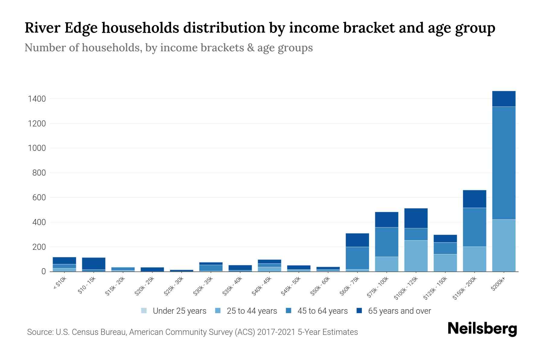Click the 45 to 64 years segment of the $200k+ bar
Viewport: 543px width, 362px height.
(x=503, y=163)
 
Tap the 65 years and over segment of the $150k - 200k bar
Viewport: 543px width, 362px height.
(x=474, y=199)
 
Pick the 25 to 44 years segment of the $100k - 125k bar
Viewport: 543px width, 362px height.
(x=416, y=256)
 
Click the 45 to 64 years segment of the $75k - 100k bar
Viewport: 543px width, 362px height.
(x=386, y=242)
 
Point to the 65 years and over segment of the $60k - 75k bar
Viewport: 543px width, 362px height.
(x=357, y=240)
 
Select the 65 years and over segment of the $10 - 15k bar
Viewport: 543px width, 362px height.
(x=94, y=263)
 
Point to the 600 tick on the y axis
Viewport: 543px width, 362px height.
(x=39, y=198)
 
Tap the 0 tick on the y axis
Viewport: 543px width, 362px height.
(x=43, y=271)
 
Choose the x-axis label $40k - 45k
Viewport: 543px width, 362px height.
(x=262, y=287)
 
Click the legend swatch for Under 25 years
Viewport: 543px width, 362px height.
(x=144, y=311)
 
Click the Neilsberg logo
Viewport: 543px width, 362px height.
(x=482, y=329)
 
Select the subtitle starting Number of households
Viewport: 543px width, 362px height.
(x=168, y=48)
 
